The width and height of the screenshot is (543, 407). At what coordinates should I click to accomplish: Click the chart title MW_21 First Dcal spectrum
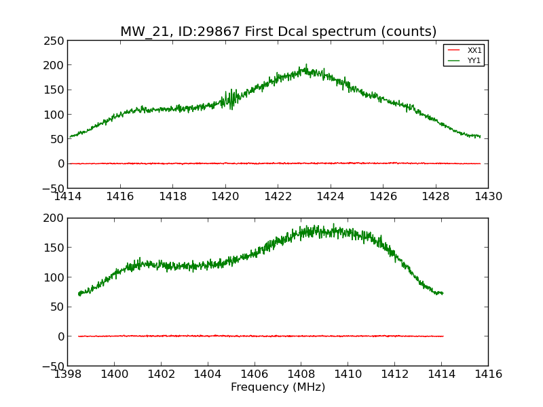(x=278, y=32)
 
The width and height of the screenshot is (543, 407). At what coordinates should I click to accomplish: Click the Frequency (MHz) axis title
(x=278, y=387)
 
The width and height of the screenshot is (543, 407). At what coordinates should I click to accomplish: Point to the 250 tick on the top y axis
(x=56, y=41)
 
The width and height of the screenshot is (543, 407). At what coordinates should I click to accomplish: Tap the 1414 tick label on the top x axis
(x=68, y=197)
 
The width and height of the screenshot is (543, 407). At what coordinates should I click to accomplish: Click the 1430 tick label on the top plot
(x=488, y=197)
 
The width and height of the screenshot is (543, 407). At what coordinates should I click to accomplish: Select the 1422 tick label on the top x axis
(x=278, y=197)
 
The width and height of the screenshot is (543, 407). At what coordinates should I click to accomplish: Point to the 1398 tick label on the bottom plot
(x=68, y=374)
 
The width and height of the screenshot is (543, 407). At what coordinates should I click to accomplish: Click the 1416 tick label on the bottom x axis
(x=488, y=374)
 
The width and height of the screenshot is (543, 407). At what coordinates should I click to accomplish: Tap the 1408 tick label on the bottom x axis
(x=301, y=374)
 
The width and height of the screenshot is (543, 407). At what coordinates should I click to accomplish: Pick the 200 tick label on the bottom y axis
(x=56, y=218)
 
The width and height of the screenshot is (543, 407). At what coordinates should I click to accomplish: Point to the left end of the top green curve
(x=69, y=138)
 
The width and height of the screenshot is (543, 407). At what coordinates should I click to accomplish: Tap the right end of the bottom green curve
(x=443, y=293)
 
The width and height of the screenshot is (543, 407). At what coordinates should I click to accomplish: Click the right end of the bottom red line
(x=443, y=336)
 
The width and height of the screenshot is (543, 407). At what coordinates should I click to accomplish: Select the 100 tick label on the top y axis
(x=56, y=115)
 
